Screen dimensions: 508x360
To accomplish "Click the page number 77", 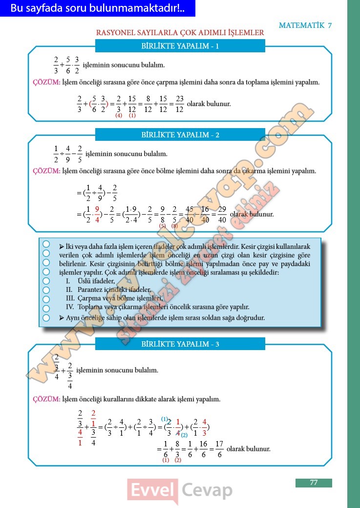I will (314, 483).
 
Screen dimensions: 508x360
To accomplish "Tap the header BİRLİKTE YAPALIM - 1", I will (180, 46).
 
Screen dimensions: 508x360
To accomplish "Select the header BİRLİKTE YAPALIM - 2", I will (180, 134).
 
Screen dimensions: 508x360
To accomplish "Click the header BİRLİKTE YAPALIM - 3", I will (180, 344).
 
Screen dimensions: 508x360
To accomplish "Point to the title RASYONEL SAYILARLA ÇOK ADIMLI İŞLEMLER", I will (180, 33).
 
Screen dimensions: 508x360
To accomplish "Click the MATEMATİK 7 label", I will (305, 25).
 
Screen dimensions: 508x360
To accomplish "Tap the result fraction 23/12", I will (179, 104).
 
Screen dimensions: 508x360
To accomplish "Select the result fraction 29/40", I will (222, 214).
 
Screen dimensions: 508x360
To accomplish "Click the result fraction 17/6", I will (219, 449).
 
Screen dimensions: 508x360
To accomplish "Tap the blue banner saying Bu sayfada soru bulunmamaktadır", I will (97, 8).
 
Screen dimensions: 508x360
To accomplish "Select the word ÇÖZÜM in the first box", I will (46, 82).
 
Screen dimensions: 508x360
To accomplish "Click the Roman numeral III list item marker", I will (70, 298).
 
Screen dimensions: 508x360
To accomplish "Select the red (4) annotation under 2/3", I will (119, 115).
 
